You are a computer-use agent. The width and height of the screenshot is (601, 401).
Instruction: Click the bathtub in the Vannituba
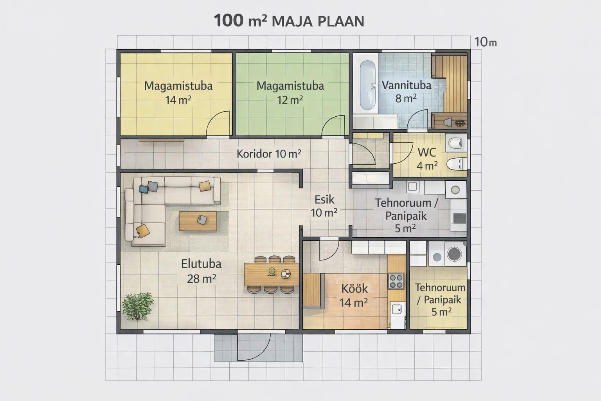(x=367, y=85)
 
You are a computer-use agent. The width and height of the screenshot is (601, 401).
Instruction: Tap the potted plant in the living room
(x=138, y=307)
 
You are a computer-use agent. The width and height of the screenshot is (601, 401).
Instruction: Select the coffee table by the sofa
(x=198, y=221)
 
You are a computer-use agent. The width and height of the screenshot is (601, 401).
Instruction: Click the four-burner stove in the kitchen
(x=396, y=281)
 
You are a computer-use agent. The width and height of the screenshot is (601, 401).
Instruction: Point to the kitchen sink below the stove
(x=397, y=309)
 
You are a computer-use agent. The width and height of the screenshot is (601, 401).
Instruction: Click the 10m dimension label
(x=485, y=42)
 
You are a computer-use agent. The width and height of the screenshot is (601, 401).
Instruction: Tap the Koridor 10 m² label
(x=269, y=154)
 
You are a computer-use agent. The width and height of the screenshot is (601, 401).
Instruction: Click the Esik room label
(x=324, y=200)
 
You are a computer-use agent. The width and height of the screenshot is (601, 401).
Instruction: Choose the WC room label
(x=427, y=152)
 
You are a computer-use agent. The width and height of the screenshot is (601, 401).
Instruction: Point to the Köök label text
(x=355, y=289)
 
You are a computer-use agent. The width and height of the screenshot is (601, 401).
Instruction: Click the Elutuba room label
(x=201, y=264)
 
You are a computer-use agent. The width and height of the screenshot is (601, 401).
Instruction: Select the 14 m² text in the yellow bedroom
(x=178, y=100)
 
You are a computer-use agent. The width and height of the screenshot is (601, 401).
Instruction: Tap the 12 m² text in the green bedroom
(x=290, y=100)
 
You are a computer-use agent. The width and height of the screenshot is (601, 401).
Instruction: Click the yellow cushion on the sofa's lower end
(x=143, y=231)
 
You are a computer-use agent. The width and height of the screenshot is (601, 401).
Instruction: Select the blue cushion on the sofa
(x=144, y=189)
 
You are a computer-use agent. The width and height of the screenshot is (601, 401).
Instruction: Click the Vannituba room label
(x=406, y=85)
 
